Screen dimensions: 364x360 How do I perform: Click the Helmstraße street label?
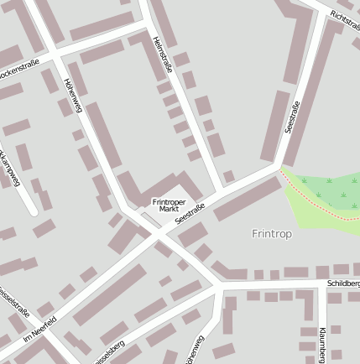[x=162, y=54]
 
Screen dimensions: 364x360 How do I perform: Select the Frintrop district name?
[x=271, y=234]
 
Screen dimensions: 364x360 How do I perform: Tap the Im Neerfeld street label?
[x=39, y=330]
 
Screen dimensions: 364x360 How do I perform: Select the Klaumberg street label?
[x=322, y=344]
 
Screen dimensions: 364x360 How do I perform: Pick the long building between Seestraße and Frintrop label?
[x=247, y=200]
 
